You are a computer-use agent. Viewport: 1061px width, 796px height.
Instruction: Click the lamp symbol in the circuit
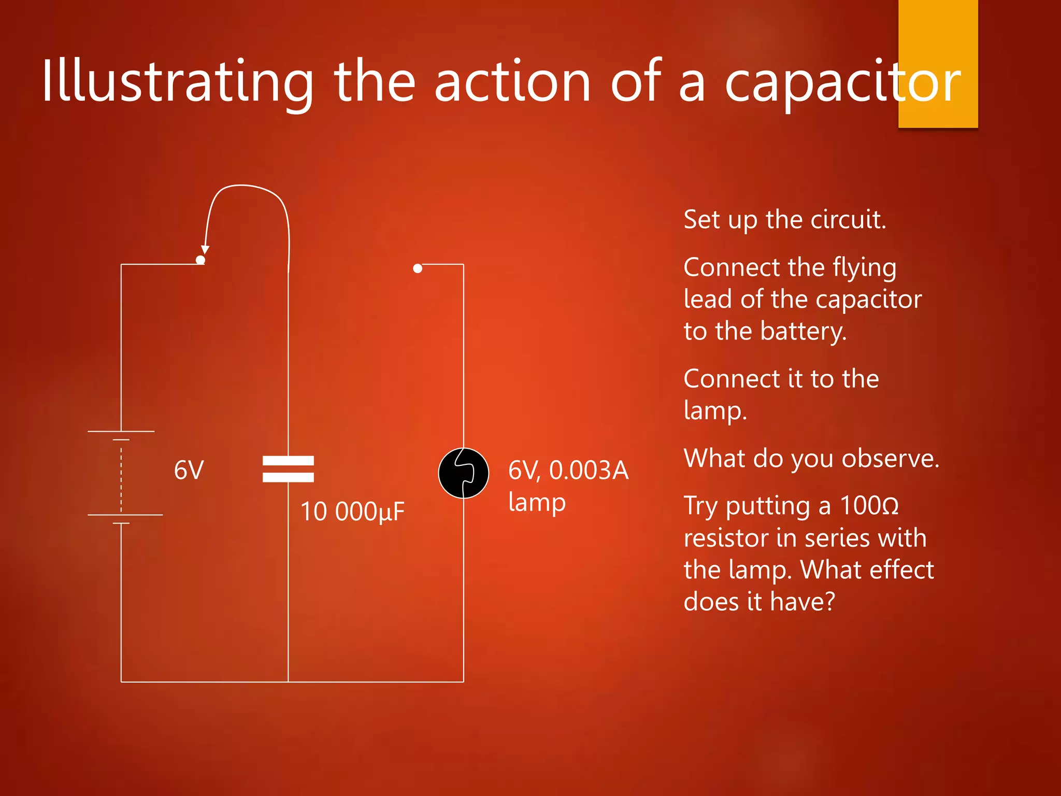coord(463,473)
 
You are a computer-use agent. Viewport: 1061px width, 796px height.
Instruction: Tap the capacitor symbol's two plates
coord(288,469)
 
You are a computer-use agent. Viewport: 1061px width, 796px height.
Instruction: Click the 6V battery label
coord(189,471)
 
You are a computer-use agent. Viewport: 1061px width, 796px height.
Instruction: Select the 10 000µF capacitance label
coord(352,511)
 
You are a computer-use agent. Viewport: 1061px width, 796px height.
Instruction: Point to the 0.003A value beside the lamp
coord(589,471)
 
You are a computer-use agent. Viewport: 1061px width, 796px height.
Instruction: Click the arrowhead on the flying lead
coord(205,249)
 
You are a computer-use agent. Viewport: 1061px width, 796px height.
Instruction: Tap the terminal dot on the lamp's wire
coord(418,268)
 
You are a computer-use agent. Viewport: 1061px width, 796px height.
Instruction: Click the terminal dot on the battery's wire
coord(200,260)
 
